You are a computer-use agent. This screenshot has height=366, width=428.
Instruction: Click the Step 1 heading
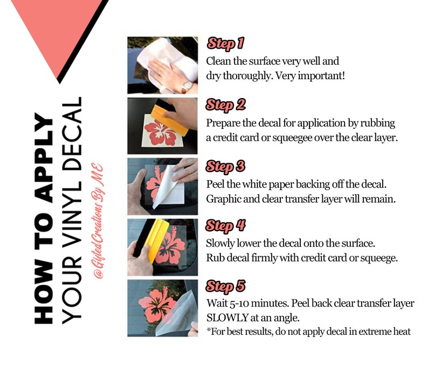coord(225,44)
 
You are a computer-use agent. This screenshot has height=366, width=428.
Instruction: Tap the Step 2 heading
coord(225,105)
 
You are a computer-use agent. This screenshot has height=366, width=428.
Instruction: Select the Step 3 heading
coord(225,167)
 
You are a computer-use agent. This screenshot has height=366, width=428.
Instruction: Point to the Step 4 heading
coord(225,226)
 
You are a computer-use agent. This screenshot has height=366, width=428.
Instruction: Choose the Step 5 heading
coord(225,286)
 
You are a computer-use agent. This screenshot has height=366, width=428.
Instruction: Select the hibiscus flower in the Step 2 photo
coord(160,132)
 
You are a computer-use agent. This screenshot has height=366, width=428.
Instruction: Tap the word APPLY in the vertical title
coord(44,158)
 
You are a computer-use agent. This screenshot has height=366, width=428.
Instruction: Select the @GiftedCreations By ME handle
coord(98,221)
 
